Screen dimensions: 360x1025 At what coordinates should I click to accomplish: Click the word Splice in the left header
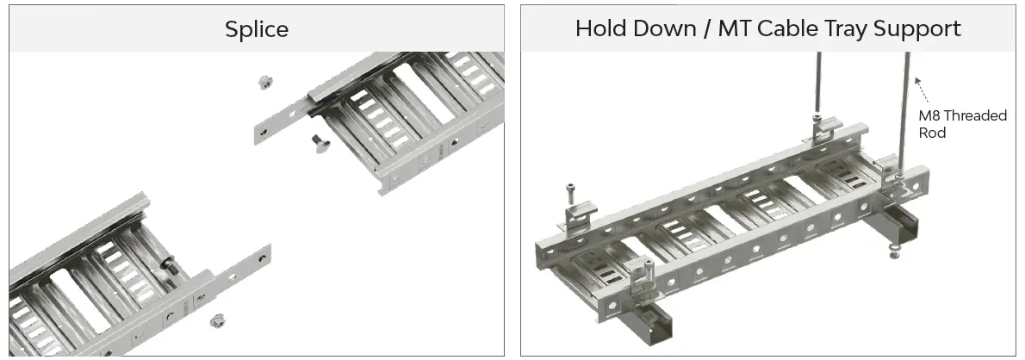click(x=257, y=29)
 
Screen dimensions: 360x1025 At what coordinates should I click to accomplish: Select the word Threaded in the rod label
click(x=977, y=116)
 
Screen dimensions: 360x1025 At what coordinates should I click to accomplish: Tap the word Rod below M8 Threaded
click(x=932, y=133)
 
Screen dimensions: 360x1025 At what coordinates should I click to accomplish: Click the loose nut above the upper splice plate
click(x=264, y=83)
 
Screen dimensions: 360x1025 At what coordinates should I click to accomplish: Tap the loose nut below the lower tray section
click(x=217, y=320)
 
